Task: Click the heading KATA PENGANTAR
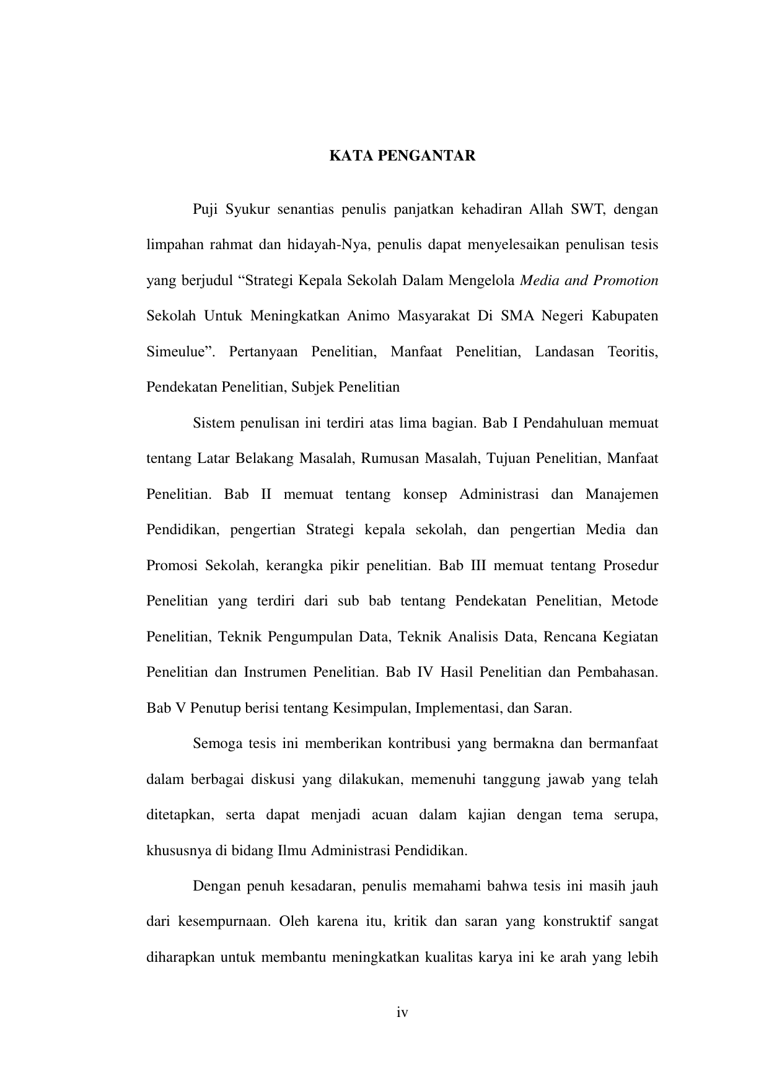[402, 156]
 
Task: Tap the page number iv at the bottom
[403, 1013]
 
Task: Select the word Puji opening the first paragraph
[205, 209]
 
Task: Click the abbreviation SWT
[587, 209]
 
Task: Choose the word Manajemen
[622, 495]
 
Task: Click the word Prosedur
[630, 566]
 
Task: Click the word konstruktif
[578, 921]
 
